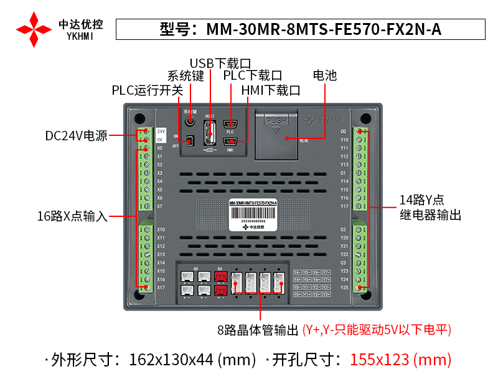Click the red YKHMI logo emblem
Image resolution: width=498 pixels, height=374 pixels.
click(34, 29)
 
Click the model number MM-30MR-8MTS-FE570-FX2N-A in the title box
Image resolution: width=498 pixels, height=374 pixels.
click(324, 29)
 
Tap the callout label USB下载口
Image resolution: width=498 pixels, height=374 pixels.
click(220, 63)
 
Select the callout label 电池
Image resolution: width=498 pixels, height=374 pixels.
click(324, 75)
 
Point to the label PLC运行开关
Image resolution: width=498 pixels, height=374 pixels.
click(148, 90)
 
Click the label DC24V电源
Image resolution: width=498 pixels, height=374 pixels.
click(77, 136)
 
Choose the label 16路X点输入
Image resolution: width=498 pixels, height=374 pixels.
click(72, 217)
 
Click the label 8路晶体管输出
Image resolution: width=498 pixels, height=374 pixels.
click(258, 330)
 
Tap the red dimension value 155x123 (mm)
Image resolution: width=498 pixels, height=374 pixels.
click(400, 359)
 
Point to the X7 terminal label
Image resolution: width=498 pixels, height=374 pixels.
click(160, 206)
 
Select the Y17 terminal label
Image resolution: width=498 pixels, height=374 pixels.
click(344, 206)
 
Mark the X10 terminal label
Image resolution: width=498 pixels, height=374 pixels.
click(161, 229)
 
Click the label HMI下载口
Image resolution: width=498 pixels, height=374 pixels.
click(270, 90)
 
